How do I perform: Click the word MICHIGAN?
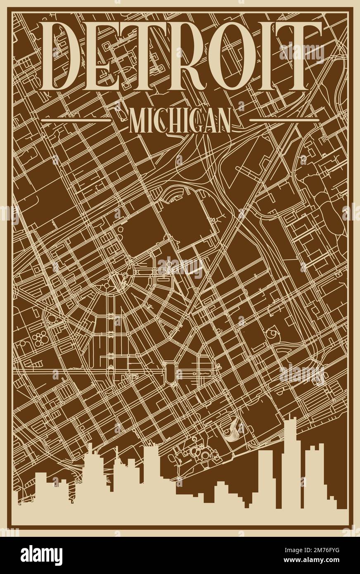[180, 120]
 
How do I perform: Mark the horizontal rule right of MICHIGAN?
[282, 120]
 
